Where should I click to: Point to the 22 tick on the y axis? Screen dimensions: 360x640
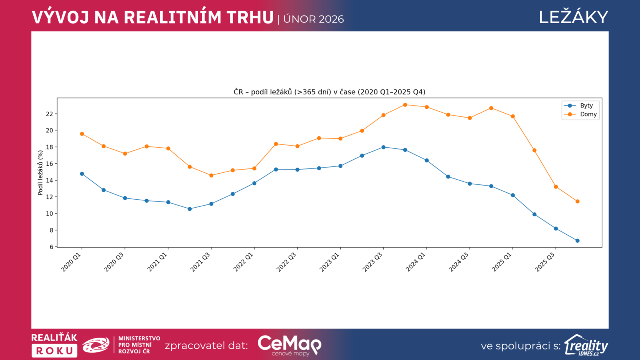pos(50,114)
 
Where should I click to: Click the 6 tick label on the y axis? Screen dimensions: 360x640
pos(51,247)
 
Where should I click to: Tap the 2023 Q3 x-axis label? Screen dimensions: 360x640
pos(373,262)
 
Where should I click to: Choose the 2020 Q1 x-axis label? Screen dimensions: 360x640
pos(71,262)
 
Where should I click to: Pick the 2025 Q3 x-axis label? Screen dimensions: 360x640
pos(545,262)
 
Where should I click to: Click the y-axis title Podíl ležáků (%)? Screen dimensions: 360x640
pos(40,173)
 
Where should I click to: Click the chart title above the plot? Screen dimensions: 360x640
pos(329,92)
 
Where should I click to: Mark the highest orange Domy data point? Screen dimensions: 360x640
pos(405,105)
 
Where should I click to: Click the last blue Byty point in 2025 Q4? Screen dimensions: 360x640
pos(577,241)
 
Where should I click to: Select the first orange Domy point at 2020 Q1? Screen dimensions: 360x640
pos(82,134)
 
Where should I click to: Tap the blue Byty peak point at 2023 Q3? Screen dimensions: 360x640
pos(384,147)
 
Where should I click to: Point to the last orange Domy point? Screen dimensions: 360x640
pos(577,202)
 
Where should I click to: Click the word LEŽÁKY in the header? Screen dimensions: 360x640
pos(573,18)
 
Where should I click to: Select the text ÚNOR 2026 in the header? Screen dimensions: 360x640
pos(314,19)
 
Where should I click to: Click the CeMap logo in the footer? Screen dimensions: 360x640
pos(289,345)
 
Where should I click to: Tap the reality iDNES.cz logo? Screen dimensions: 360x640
pos(586,346)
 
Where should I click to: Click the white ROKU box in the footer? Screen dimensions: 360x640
pos(54,351)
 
